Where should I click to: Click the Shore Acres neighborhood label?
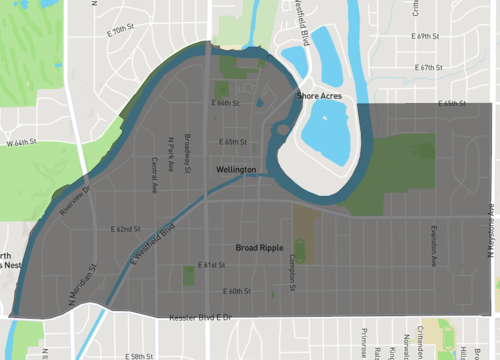pos(319,95)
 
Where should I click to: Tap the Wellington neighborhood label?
pos(237,170)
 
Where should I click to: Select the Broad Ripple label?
pos(259,246)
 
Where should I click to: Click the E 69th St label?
pos(426,36)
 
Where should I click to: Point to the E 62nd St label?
pos(126,229)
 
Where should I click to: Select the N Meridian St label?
pos(87,283)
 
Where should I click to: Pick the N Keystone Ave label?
pos(492,227)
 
